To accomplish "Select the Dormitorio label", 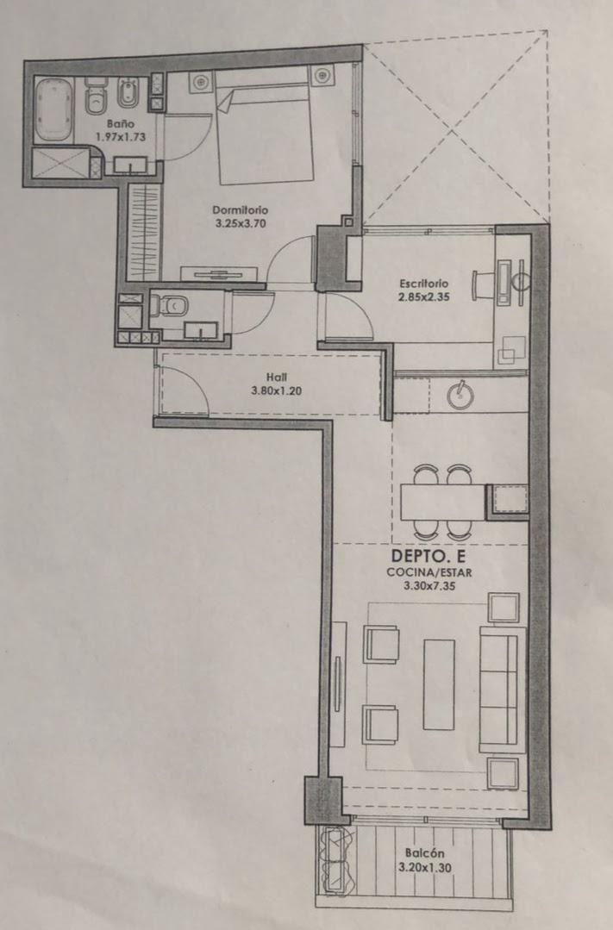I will [x=241, y=209].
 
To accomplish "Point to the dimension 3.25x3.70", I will [x=241, y=222].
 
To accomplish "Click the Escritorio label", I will [x=423, y=283].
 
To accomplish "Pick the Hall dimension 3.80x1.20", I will [x=276, y=390].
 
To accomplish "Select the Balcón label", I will [x=421, y=853].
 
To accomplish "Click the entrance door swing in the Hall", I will [x=183, y=390].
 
